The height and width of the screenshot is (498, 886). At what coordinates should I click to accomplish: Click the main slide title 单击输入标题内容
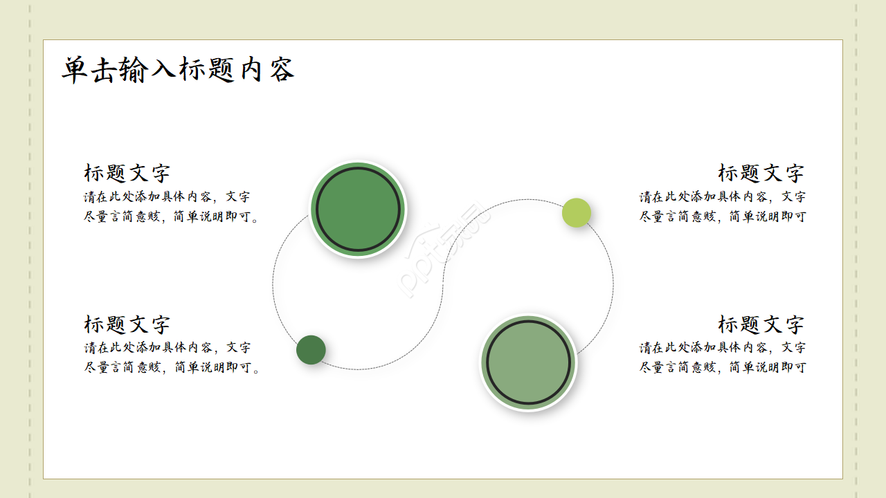point(178,70)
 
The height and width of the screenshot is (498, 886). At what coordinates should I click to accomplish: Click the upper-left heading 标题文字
point(127,173)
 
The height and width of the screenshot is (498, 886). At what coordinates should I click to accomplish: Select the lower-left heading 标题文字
point(127,324)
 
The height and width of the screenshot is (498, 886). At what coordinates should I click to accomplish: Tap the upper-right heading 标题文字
point(761,173)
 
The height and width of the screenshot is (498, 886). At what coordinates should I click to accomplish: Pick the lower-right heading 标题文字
point(761,324)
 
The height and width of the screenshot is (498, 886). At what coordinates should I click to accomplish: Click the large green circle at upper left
point(358,209)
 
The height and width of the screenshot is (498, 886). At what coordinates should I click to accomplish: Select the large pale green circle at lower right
point(529,362)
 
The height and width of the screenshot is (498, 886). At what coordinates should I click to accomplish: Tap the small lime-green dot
point(577,212)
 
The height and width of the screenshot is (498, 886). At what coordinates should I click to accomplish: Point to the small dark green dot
point(311,349)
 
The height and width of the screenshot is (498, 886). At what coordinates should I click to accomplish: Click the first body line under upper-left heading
point(168,196)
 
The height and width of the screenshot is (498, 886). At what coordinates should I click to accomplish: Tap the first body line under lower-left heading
point(168,347)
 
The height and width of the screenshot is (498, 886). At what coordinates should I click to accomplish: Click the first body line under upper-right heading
point(722,196)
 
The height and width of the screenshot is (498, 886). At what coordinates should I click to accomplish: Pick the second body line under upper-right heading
point(722,216)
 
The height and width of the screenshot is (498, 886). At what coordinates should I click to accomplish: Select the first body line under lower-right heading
point(722,347)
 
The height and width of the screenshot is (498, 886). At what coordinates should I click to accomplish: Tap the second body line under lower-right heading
point(722,367)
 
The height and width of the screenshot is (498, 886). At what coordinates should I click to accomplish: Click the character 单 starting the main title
point(75,70)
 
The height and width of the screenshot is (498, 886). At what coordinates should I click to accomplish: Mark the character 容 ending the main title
point(281,70)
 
